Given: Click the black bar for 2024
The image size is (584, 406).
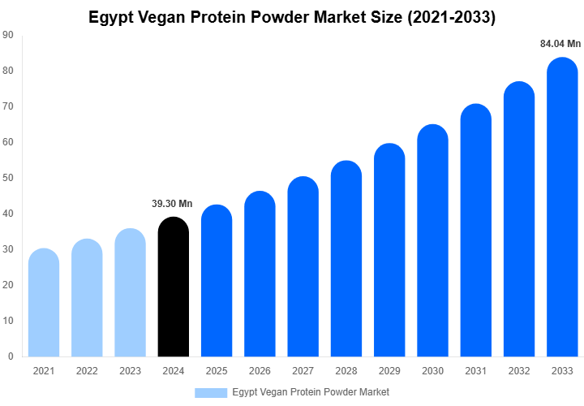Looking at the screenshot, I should [x=174, y=288].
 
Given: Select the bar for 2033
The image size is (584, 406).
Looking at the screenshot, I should [x=563, y=211].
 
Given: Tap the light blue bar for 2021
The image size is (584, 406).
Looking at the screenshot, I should [x=44, y=304].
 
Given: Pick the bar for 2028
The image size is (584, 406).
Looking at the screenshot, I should [x=346, y=260].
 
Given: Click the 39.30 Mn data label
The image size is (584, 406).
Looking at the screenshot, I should [x=172, y=204].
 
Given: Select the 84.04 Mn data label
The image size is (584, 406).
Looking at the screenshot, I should [x=561, y=44].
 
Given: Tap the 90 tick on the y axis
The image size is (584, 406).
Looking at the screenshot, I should [x=7, y=35].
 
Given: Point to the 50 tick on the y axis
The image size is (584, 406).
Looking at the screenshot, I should [x=7, y=178].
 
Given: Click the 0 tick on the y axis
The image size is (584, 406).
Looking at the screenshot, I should [x=10, y=356].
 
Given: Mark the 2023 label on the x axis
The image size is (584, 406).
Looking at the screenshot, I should [x=130, y=371].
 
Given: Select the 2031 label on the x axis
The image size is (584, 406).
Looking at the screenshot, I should [x=476, y=371].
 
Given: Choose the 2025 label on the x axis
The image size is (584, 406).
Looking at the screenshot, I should [x=217, y=371].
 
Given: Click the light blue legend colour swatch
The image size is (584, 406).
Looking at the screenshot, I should [x=211, y=392].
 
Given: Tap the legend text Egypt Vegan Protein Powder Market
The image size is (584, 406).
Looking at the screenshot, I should [x=311, y=392].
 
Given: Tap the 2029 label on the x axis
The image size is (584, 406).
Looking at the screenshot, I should [x=389, y=371].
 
